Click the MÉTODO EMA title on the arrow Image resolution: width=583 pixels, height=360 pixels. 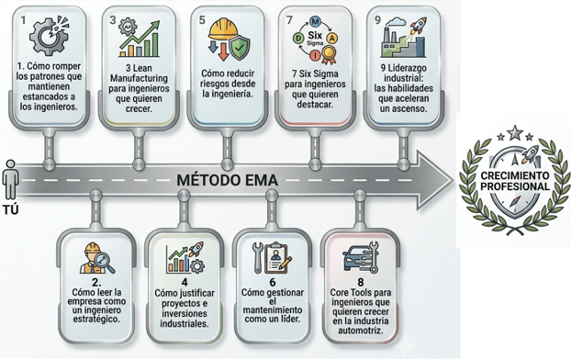pos(227,180)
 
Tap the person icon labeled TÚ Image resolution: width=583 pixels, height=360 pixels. pos(10,180)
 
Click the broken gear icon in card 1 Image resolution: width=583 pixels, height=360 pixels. pos(49,35)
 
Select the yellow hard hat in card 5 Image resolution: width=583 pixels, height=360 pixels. pos(223,29)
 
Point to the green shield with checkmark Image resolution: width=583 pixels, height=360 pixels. pos(240,49)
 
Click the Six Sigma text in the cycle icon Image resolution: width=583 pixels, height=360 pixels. pos(315,38)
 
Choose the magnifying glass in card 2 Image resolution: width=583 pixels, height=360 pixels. pos(105,263)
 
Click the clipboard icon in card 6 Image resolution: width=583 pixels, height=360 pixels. pos(275,257)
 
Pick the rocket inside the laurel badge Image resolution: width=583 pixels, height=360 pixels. pos(530,154)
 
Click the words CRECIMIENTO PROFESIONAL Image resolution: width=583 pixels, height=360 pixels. pos(514,181)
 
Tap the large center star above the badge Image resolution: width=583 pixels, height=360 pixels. pos(515,132)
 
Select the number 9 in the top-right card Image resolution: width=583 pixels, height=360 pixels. pos(377,20)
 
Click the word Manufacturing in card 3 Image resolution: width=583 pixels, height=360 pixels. pos(139,78)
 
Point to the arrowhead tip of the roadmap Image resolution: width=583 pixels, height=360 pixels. pos(454,180)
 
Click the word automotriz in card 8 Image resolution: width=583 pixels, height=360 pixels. pos(360,331)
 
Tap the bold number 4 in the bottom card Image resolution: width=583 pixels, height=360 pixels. pos(185,282)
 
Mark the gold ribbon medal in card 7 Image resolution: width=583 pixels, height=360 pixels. pos(329,54)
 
